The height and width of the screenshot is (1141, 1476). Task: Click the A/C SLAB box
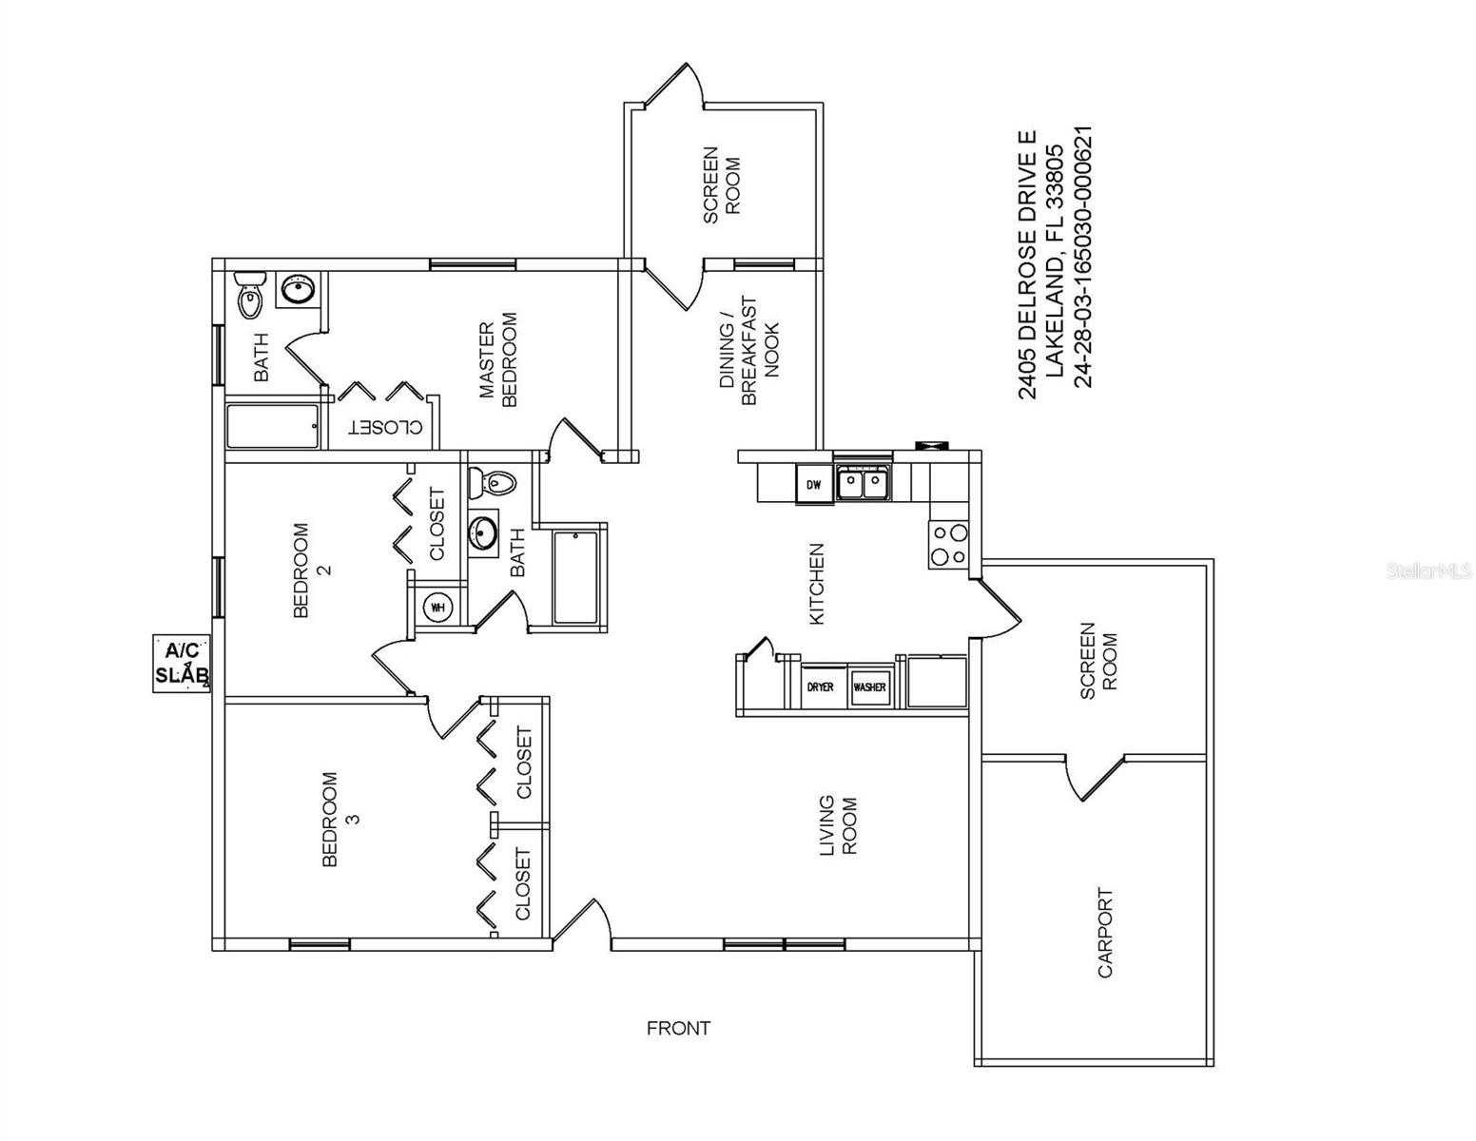182,664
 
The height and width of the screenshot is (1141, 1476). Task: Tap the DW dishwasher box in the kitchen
814,485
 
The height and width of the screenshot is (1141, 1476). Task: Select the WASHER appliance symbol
870,687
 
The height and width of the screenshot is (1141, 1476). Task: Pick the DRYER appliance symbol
821,687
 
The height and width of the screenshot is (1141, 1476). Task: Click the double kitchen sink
864,484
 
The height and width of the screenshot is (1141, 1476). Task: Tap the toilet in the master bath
249,296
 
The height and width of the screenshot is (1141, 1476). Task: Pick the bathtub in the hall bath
574,578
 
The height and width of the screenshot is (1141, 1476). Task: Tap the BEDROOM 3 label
340,819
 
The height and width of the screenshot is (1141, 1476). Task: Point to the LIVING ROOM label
838,824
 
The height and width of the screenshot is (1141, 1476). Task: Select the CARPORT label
1105,933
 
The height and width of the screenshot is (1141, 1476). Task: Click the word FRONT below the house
678,1028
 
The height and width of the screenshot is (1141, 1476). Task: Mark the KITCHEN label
816,584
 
